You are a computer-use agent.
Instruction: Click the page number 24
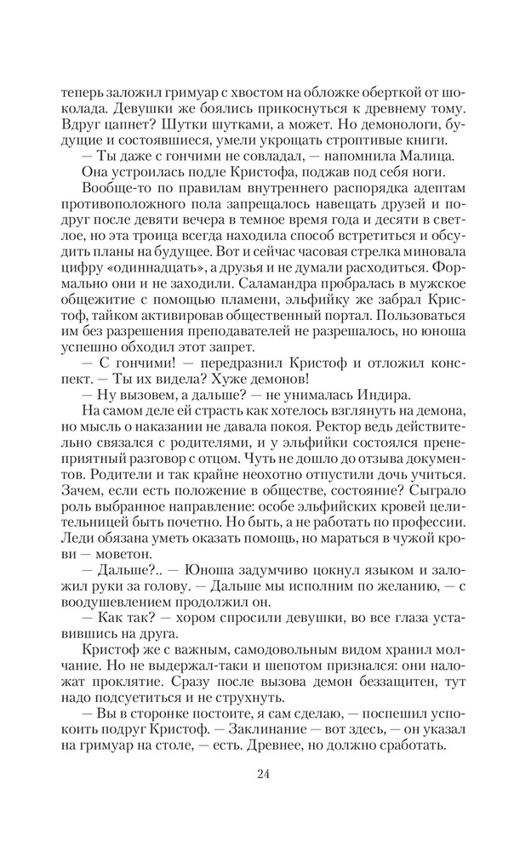pyautogui.click(x=265, y=774)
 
